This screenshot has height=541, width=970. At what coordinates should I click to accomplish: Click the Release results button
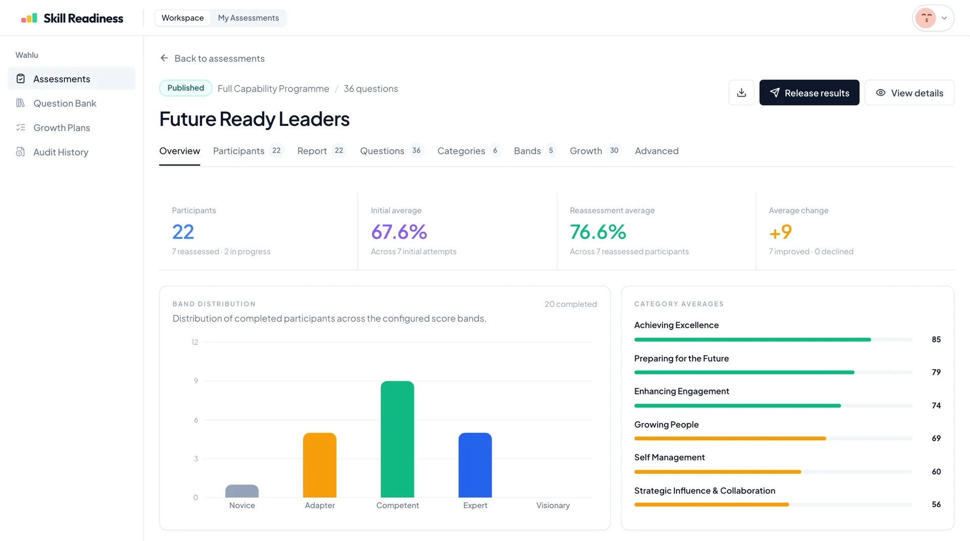pyautogui.click(x=809, y=93)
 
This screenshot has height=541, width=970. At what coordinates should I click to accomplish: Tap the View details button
pyautogui.click(x=909, y=93)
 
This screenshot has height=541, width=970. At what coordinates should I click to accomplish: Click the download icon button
pyautogui.click(x=741, y=93)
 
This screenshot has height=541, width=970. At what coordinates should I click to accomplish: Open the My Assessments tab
pyautogui.click(x=248, y=18)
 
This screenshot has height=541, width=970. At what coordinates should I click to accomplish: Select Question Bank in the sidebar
pyautogui.click(x=65, y=103)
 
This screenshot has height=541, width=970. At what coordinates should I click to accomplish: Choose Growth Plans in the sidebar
pyautogui.click(x=62, y=127)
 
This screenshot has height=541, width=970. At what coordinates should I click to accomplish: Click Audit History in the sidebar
pyautogui.click(x=61, y=152)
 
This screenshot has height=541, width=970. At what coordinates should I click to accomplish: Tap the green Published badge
pyautogui.click(x=185, y=88)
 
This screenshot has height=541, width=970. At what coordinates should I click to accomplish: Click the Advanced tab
pyautogui.click(x=656, y=151)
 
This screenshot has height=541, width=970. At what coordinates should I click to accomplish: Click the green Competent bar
pyautogui.click(x=397, y=439)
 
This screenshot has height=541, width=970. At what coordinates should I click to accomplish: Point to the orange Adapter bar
pyautogui.click(x=319, y=465)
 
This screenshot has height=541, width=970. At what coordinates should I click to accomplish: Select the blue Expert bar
pyautogui.click(x=475, y=465)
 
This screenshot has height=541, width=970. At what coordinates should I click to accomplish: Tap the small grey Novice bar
pyautogui.click(x=241, y=491)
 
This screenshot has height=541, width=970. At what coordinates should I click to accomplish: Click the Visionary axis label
pyautogui.click(x=553, y=505)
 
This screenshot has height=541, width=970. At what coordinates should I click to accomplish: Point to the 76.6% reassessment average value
pyautogui.click(x=598, y=232)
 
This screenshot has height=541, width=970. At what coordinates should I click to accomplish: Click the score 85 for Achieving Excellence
pyautogui.click(x=936, y=339)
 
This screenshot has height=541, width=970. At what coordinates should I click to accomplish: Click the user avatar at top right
pyautogui.click(x=926, y=18)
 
